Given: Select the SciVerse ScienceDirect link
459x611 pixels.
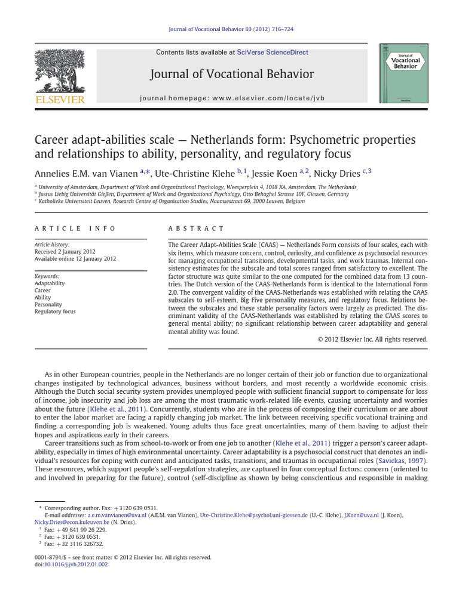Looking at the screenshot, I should click(x=273, y=53).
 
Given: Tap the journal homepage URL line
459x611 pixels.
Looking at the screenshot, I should click(x=232, y=97).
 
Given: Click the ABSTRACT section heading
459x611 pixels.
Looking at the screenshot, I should click(x=196, y=229).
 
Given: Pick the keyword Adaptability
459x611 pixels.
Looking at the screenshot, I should click(x=50, y=283).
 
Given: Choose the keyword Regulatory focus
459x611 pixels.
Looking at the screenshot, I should click(x=55, y=311).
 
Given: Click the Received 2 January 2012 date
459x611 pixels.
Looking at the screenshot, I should click(x=65, y=252).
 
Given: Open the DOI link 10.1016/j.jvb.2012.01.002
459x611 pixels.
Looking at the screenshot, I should click(x=76, y=564).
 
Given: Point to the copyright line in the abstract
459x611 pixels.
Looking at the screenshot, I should click(x=372, y=340).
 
